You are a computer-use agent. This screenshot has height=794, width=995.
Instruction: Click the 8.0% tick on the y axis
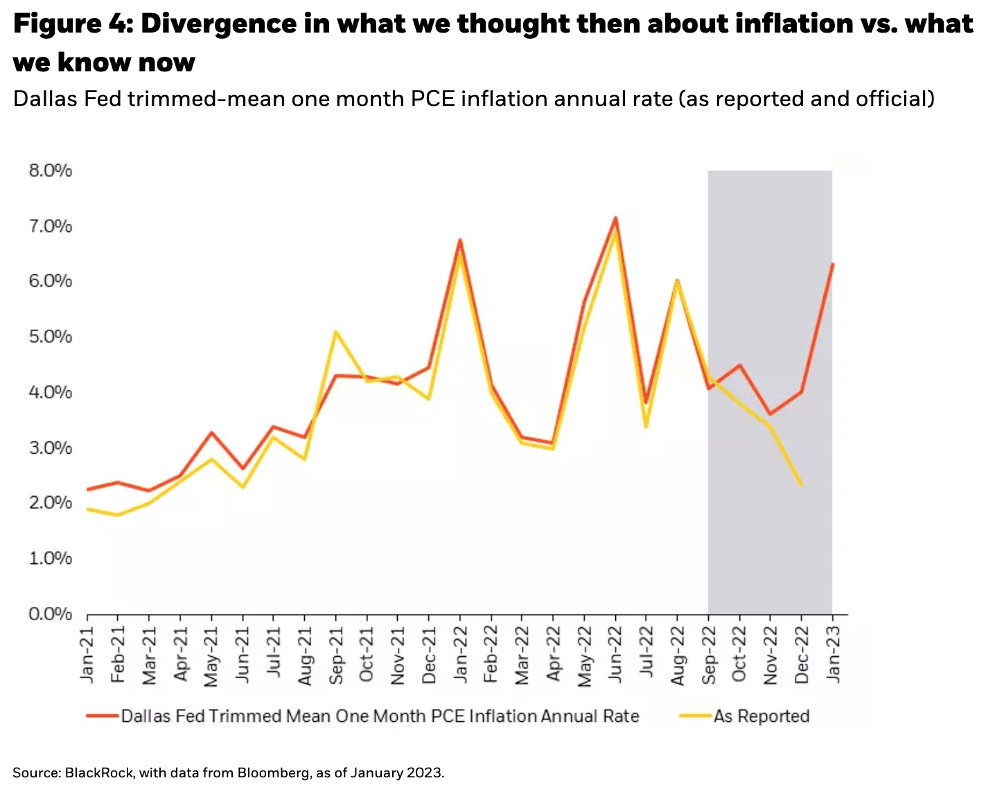[x=50, y=170]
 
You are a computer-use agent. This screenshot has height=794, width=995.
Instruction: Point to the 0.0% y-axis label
[x=50, y=614]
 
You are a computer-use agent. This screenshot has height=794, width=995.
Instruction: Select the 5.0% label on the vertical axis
[x=50, y=337]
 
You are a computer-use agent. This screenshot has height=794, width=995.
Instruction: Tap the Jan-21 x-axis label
[x=87, y=655]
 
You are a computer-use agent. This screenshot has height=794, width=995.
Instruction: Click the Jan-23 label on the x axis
[x=833, y=655]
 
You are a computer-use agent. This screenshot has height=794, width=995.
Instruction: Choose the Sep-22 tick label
[x=709, y=655]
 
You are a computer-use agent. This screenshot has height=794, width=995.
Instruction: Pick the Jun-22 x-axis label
[x=615, y=655]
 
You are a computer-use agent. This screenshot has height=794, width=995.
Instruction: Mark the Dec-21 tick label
[x=429, y=655]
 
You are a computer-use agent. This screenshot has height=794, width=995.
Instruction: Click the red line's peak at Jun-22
[x=615, y=218]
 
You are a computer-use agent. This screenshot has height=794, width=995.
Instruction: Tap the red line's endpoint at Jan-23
[x=832, y=265]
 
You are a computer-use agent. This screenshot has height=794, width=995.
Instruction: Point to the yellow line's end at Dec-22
[x=801, y=484]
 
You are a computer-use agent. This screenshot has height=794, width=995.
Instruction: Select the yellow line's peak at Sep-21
[x=335, y=332]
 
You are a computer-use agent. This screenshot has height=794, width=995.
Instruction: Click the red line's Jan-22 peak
[x=459, y=240]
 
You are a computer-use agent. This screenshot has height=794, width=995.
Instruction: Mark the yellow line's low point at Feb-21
[x=118, y=515]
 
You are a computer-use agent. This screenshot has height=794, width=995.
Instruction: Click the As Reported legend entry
[x=761, y=716]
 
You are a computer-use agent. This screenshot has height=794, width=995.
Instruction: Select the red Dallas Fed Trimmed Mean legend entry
[x=379, y=716]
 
